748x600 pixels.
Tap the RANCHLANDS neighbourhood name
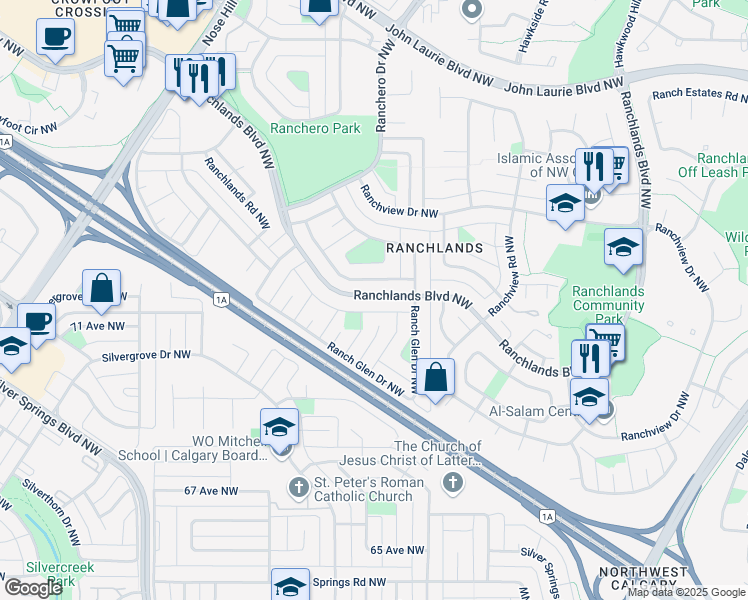(x=434, y=247)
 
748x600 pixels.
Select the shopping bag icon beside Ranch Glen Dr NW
(x=435, y=378)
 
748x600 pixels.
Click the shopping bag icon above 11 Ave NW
(x=101, y=289)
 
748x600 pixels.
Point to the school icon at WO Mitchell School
(x=280, y=428)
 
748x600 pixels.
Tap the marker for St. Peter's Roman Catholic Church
(x=297, y=487)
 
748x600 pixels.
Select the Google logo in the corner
(x=33, y=588)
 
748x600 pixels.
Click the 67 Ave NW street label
(x=211, y=491)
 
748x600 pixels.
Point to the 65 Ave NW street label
(x=397, y=550)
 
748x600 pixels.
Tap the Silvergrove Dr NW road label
(x=145, y=355)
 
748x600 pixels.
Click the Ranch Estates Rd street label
(x=699, y=97)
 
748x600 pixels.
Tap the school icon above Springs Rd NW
(x=290, y=584)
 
